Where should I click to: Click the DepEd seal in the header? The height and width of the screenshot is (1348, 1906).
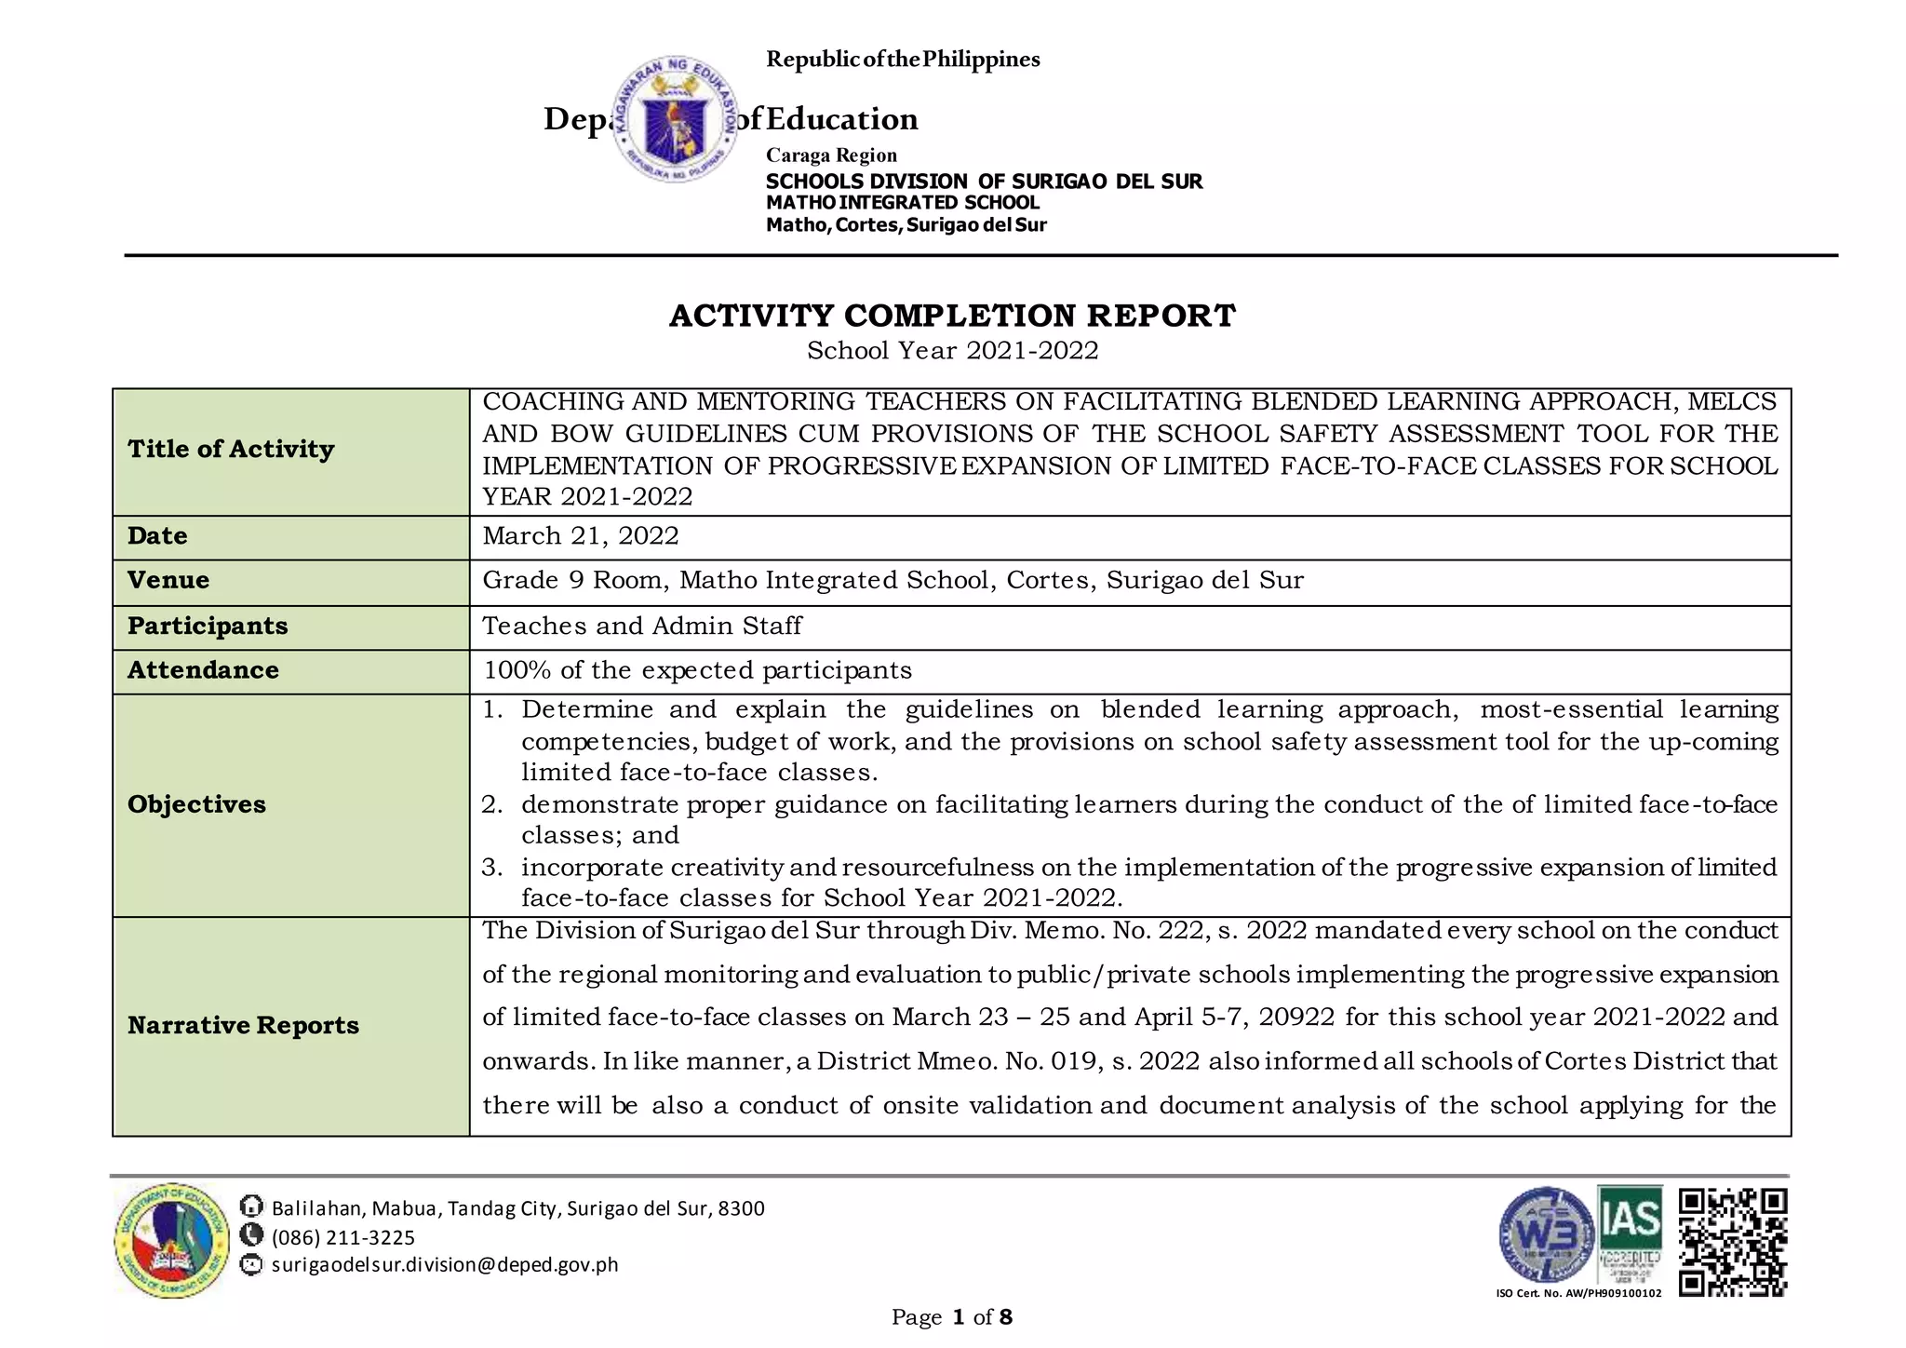[x=677, y=119]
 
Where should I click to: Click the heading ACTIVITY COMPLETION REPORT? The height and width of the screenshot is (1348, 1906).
[x=952, y=316]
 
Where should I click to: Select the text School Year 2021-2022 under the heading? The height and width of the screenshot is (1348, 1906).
[x=952, y=351]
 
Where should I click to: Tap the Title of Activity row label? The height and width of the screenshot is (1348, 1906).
[x=231, y=450]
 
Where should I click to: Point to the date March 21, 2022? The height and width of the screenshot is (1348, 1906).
[x=581, y=536]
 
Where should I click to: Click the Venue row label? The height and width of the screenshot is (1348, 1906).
[x=168, y=580]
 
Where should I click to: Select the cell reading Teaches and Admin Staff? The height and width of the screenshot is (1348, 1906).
[x=642, y=626]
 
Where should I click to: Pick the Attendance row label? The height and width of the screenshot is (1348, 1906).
[x=203, y=670]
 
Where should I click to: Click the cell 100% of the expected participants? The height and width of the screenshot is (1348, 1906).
[x=697, y=670]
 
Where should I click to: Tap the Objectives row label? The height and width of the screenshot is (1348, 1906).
[x=196, y=804]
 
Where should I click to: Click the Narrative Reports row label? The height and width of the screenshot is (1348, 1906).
[x=243, y=1025]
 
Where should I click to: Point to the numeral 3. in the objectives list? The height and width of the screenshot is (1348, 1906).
[x=491, y=868]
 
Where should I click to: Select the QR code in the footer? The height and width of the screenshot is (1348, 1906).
[x=1733, y=1242]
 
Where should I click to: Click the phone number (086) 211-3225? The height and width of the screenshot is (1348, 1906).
[x=342, y=1237]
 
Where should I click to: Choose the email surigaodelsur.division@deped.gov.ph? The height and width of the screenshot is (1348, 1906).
[x=445, y=1265]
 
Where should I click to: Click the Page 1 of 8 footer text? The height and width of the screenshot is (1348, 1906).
[x=951, y=1317]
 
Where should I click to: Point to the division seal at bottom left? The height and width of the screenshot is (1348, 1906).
[x=172, y=1240]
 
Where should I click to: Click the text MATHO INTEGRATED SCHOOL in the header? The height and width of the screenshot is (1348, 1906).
[x=902, y=203]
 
